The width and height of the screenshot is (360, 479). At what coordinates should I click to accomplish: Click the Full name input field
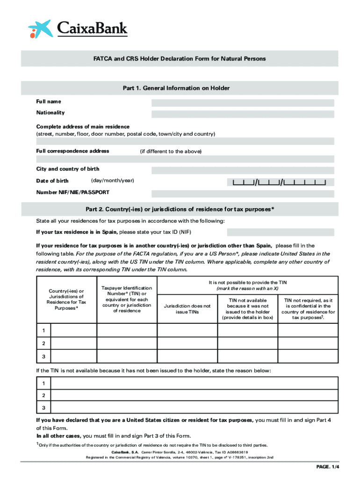243,102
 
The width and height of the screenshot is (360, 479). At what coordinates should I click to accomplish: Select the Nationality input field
243,114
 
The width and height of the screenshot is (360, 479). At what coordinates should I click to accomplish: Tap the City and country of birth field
243,170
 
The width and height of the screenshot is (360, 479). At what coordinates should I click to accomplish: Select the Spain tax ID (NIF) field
281,232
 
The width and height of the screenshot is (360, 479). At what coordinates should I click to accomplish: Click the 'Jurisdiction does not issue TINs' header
187,309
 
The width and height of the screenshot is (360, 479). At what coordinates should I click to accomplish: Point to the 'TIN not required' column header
308,309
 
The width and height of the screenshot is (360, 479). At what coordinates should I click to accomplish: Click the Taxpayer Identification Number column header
127,299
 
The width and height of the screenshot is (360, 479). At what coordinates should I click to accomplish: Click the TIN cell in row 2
127,343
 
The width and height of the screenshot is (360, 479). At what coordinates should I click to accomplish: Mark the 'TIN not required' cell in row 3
308,356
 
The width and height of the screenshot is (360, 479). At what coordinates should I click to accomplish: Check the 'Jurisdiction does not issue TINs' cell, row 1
187,330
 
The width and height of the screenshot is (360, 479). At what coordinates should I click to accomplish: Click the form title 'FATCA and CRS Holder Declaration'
180,59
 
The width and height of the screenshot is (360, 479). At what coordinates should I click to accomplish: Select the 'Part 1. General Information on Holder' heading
180,88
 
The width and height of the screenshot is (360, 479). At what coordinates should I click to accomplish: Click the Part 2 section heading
180,209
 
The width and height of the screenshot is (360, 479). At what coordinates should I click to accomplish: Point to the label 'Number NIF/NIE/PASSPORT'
73,192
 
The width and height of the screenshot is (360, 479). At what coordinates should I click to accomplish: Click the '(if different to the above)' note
171,152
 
